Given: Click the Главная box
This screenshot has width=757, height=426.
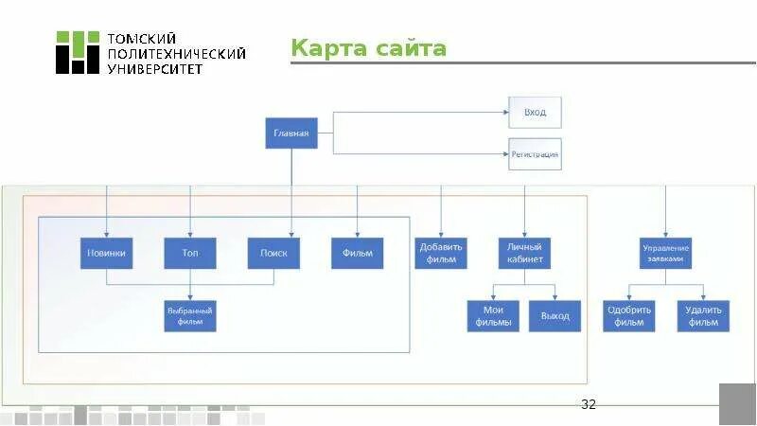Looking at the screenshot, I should [291, 133].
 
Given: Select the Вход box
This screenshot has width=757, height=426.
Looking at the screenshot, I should [535, 113].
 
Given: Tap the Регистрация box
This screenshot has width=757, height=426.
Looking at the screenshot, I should [535, 153].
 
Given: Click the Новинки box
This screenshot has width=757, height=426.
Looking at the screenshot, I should [106, 253].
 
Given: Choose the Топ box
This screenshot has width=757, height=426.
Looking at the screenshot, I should [190, 253].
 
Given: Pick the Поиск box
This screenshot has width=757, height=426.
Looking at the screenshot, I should [273, 253].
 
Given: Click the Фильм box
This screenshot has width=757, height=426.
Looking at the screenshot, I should [357, 253].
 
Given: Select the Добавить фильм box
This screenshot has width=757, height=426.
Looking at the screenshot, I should [440, 253].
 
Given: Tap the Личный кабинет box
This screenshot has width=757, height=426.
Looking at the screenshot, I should [523, 253].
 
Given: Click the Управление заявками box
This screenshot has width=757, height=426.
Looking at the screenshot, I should [665, 253].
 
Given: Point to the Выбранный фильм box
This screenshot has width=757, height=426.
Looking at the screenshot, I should [190, 315].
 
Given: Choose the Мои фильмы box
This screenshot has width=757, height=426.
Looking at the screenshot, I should [494, 315].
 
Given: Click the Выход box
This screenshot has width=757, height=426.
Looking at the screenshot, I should [555, 315].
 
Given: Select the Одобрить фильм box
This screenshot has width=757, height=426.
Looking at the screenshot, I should [629, 315].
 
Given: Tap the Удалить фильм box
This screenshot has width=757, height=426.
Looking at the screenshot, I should [704, 315].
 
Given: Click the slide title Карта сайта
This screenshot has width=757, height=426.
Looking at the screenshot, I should [368, 48].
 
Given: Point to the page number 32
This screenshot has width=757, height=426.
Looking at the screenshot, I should [589, 405].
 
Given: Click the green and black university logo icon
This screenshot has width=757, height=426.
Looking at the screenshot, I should [77, 52].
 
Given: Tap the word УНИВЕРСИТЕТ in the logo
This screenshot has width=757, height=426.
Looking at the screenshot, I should [156, 69].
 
